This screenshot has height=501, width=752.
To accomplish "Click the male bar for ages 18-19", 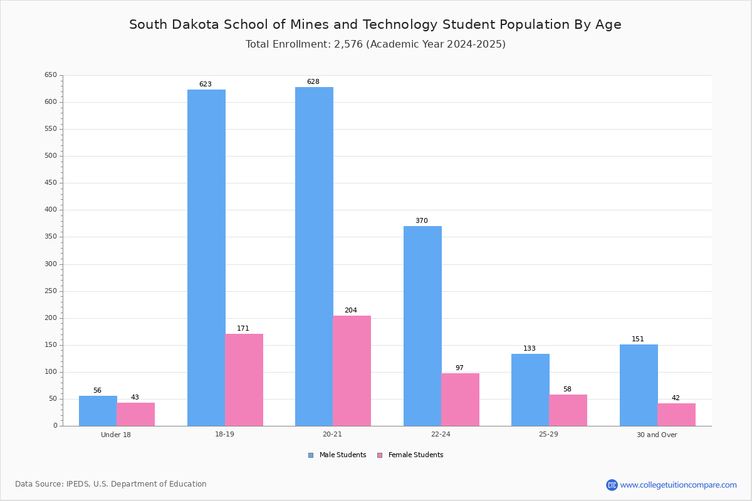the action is (206, 258).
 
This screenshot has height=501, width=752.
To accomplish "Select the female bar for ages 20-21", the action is (352, 371).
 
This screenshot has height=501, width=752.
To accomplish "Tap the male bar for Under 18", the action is (98, 411).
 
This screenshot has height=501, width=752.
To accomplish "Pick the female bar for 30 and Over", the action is (676, 415).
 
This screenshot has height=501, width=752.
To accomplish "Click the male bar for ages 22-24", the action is (422, 326).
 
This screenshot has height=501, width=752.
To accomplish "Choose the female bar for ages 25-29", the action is (568, 410).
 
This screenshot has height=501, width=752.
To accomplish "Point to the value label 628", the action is (313, 81).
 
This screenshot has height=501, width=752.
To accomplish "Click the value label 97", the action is (459, 368).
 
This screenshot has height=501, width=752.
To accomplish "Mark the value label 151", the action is (638, 339).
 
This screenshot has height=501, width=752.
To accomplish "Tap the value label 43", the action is (135, 397).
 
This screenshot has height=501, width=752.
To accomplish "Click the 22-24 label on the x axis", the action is (441, 434).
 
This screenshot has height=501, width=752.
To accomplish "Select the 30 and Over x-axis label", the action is (657, 435).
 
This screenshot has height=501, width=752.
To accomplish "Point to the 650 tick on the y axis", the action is (51, 75).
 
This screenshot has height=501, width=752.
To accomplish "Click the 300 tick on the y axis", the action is (51, 264).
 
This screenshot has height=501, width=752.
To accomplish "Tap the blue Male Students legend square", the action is (311, 455).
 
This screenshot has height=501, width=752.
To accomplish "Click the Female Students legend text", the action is (415, 455).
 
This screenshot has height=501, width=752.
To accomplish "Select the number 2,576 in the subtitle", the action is (348, 44).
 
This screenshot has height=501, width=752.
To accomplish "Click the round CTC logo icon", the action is (612, 485).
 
